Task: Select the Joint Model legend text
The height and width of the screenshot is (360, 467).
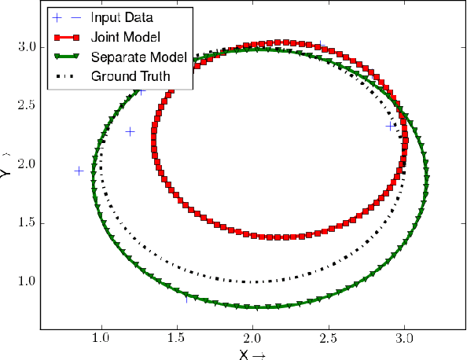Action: pyautogui.click(x=127, y=38)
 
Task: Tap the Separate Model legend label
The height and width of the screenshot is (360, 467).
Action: pyautogui.click(x=138, y=57)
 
